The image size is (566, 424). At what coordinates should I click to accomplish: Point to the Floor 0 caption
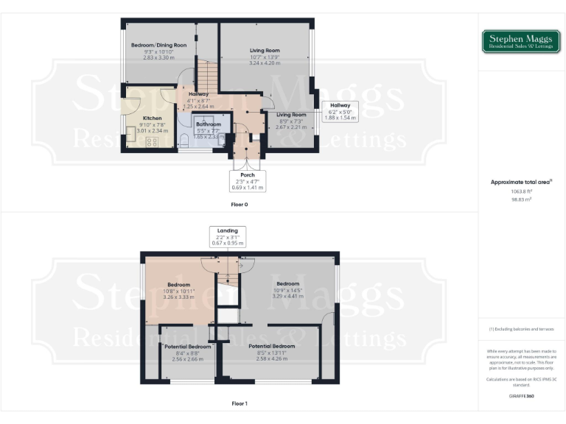pyautogui.click(x=239, y=204)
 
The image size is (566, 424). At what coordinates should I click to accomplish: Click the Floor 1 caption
pyautogui.click(x=239, y=403)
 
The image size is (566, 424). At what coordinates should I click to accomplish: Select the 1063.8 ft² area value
pyautogui.click(x=521, y=191)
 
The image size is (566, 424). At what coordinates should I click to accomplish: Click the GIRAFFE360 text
pyautogui.click(x=521, y=396)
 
